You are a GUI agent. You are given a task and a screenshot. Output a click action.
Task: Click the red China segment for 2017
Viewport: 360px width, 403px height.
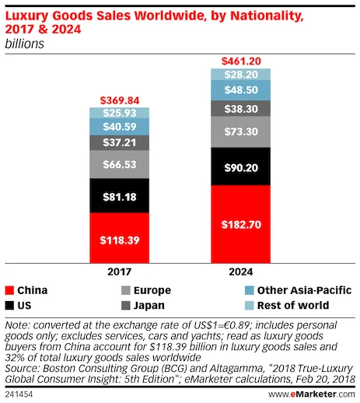(x=120, y=240)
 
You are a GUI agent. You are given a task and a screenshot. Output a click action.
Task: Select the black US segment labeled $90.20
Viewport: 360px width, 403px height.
(x=240, y=166)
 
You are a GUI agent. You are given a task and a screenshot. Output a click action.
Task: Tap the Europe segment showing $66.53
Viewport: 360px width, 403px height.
(x=120, y=165)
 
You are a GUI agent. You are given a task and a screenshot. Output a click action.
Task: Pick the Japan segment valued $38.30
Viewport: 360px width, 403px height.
(x=240, y=110)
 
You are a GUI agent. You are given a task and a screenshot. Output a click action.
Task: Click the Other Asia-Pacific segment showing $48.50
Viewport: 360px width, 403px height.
(x=240, y=90)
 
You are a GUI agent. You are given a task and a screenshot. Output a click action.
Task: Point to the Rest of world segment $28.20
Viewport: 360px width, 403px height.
(x=240, y=75)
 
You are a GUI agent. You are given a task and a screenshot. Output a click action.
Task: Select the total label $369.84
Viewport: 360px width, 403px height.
(x=120, y=100)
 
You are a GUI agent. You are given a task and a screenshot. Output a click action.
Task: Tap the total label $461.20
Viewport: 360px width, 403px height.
(x=240, y=61)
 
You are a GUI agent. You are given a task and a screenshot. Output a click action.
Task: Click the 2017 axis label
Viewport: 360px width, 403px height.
(x=120, y=274)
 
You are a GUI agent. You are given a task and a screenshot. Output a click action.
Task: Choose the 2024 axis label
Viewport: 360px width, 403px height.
(x=240, y=274)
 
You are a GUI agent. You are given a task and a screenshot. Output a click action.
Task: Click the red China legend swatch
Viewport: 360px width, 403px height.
(x=10, y=290)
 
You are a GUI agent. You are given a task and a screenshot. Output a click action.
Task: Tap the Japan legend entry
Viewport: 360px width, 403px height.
(x=141, y=305)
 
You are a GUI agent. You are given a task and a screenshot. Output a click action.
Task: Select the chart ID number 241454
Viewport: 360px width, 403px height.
(x=20, y=395)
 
